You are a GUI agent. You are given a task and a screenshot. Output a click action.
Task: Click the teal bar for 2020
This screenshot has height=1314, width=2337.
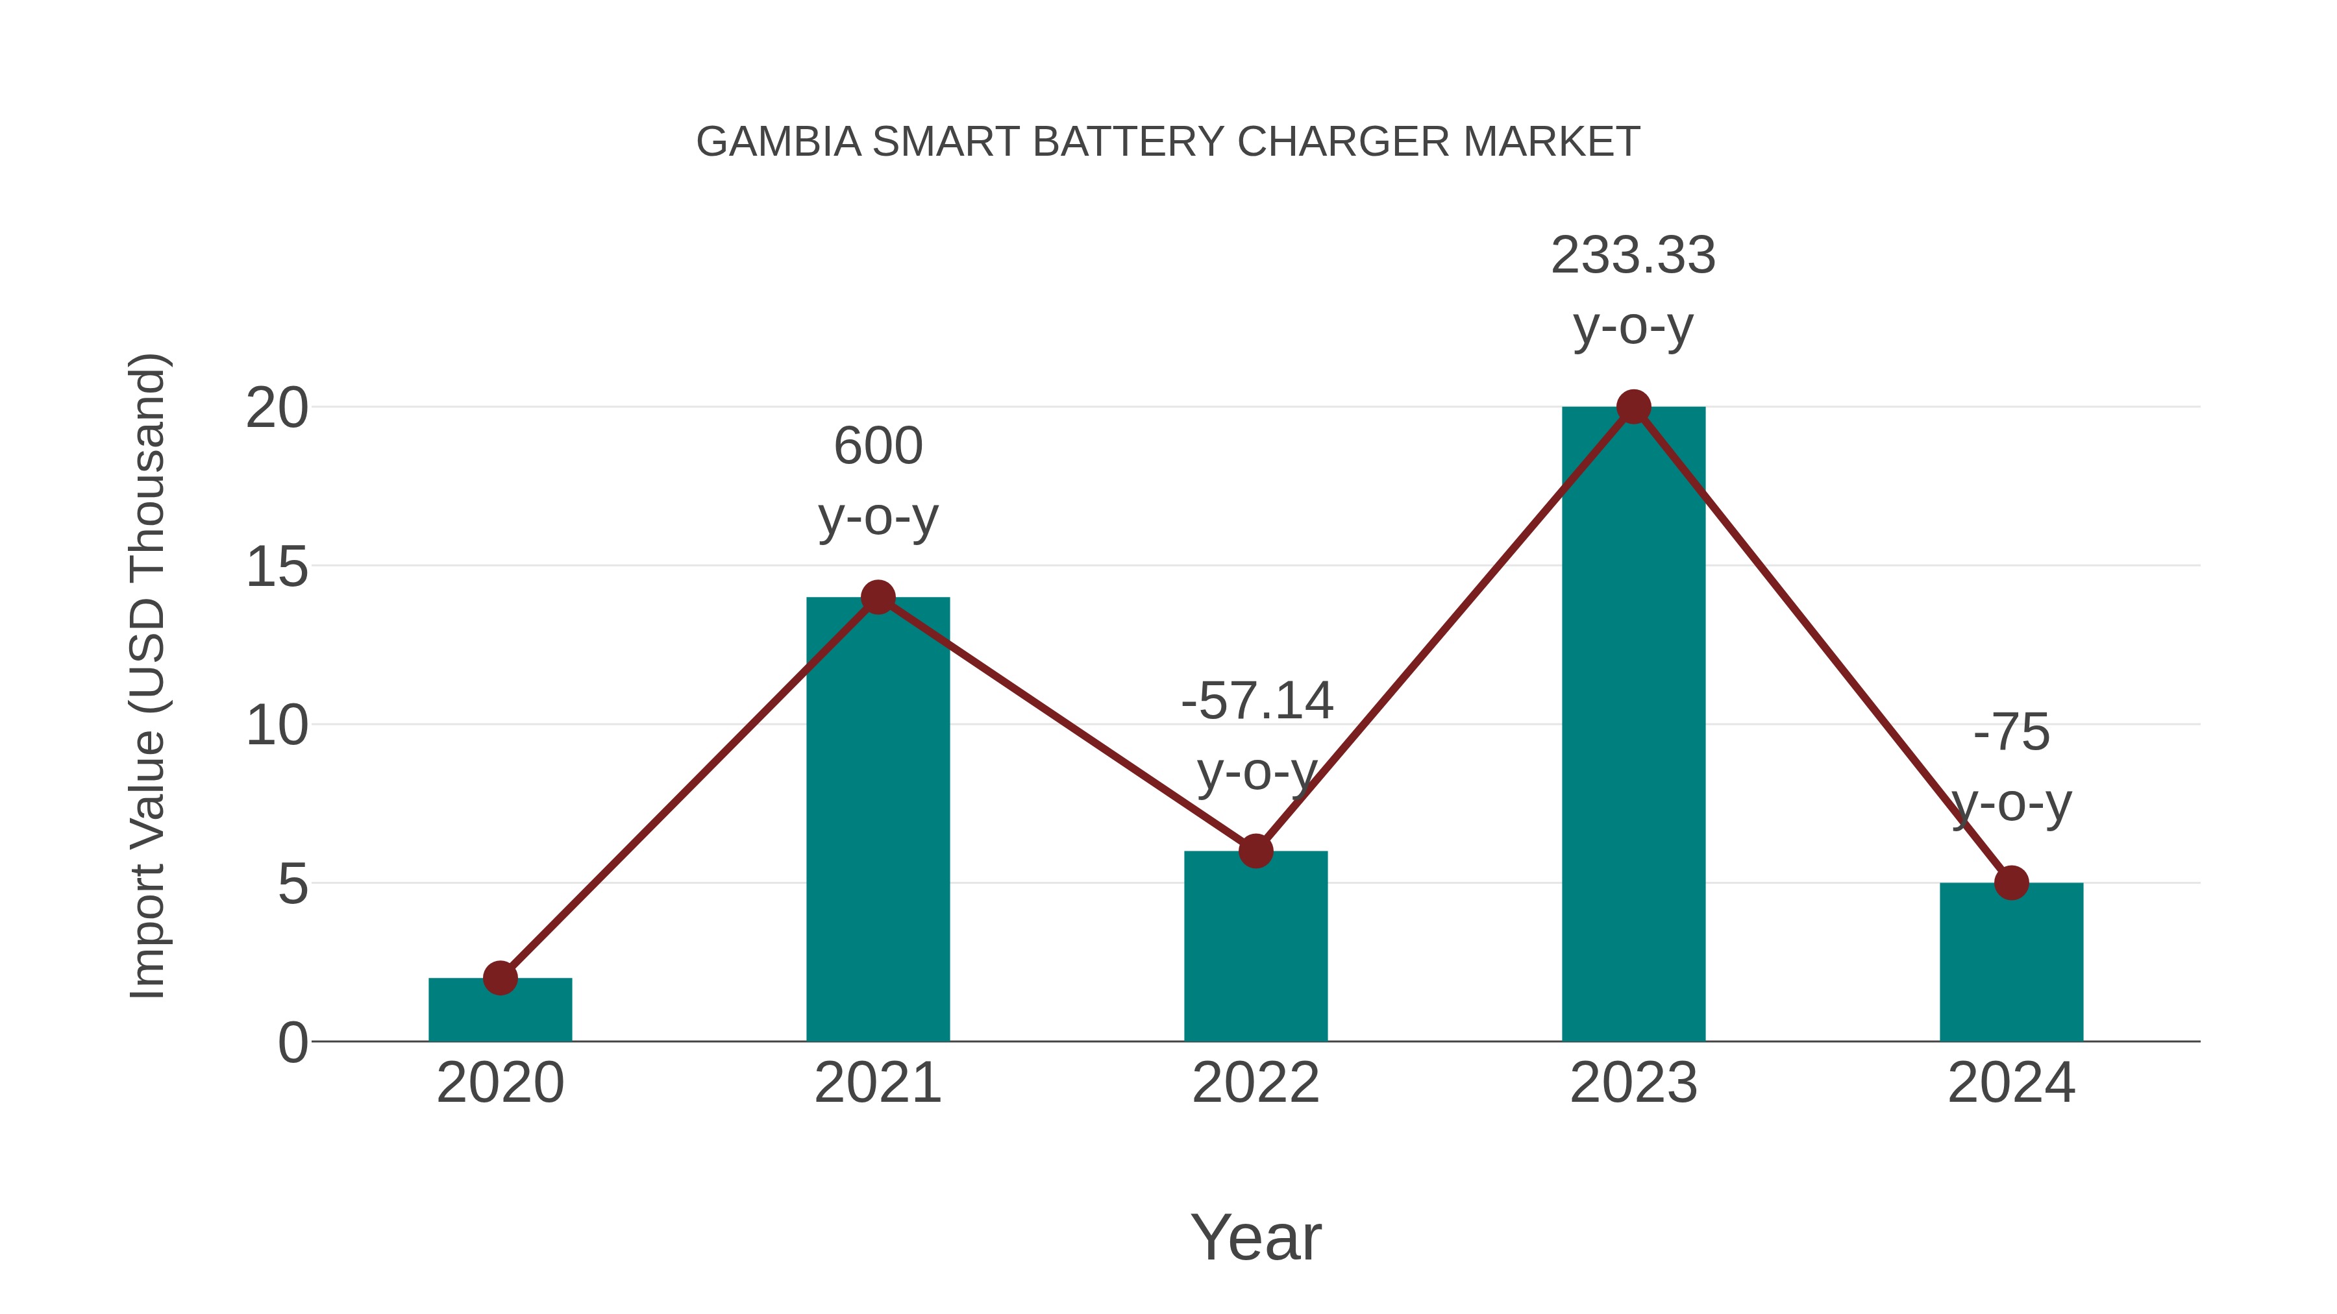(500, 1010)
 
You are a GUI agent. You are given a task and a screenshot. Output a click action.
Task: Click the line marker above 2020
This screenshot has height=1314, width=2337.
(500, 978)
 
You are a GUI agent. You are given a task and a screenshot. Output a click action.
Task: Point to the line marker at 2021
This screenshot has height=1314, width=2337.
(877, 597)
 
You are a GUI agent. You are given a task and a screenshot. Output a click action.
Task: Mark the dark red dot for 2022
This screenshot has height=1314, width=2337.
(1255, 851)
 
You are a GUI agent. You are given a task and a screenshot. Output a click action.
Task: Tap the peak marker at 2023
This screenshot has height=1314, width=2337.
(1633, 407)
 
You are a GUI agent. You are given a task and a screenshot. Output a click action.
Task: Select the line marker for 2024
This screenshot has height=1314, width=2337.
(2011, 882)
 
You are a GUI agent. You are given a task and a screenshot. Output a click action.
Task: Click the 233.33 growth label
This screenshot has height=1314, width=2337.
(1633, 256)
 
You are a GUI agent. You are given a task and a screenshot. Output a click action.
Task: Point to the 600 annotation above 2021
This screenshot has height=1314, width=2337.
(877, 446)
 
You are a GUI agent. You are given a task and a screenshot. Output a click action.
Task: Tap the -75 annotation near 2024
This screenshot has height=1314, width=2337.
(2011, 732)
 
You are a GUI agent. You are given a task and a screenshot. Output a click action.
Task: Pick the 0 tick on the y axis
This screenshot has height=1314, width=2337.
(293, 1043)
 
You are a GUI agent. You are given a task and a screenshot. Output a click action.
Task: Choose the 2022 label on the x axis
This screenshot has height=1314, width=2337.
(1255, 1083)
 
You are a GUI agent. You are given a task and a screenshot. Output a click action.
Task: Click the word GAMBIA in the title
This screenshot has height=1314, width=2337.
(778, 142)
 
